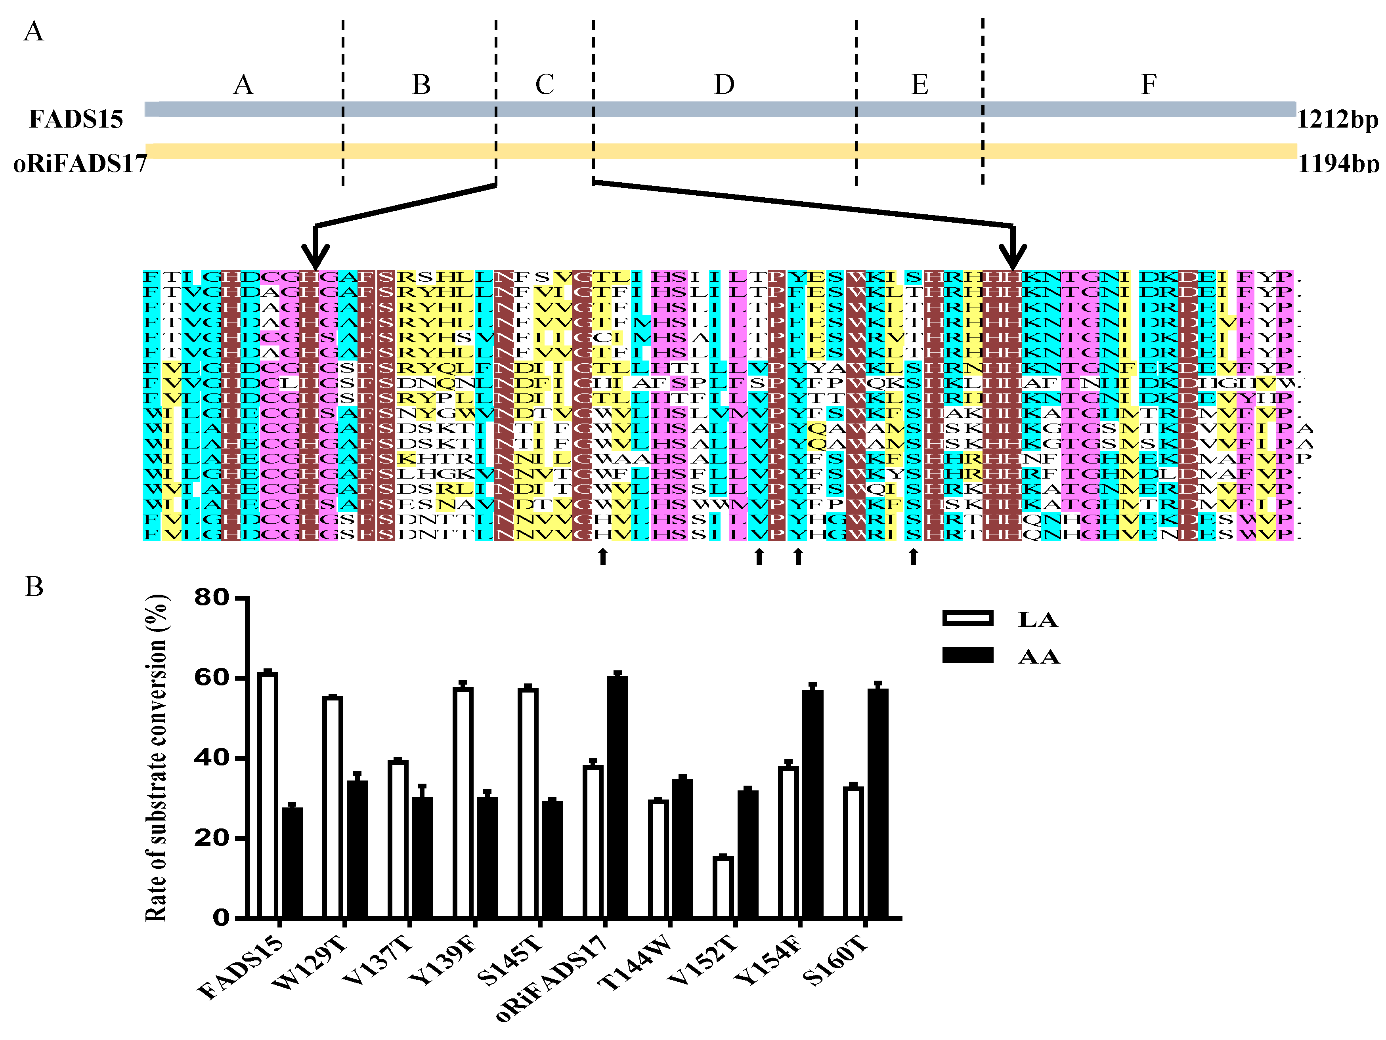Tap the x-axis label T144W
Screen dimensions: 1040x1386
(636, 963)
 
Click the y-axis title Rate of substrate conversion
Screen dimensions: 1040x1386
(157, 758)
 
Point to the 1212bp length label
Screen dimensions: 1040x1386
(1337, 119)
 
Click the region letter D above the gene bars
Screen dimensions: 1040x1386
(725, 84)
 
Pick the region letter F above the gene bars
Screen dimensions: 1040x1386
(1148, 84)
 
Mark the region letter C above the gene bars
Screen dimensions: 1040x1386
(545, 84)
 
